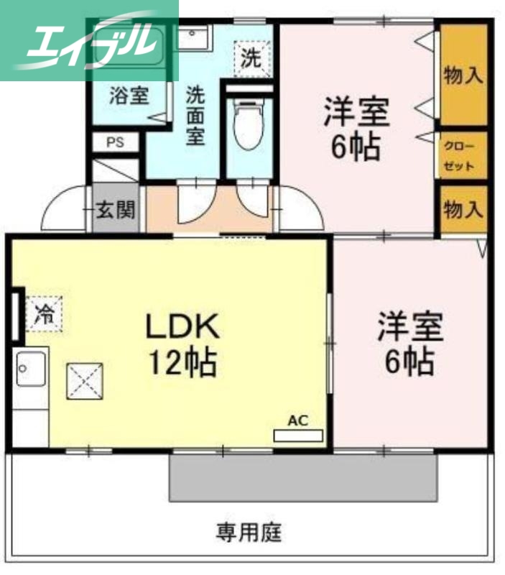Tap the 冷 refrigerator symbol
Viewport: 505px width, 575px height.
point(45,313)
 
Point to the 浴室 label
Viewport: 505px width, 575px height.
point(129,96)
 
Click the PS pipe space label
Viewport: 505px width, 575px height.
point(115,142)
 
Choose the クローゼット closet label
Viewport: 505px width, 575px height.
point(459,155)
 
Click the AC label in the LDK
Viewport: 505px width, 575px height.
point(297,420)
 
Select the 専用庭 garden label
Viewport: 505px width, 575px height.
point(250,533)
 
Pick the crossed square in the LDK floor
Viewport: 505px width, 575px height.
point(85,380)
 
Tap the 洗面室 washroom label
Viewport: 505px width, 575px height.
point(195,115)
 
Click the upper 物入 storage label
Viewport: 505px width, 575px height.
point(463,75)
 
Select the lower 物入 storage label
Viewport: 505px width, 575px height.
point(463,210)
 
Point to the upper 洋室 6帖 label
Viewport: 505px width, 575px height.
point(356,129)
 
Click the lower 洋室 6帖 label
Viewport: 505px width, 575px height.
point(410,344)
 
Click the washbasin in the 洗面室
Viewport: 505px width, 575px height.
point(193,36)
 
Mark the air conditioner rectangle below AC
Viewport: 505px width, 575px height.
point(298,436)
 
